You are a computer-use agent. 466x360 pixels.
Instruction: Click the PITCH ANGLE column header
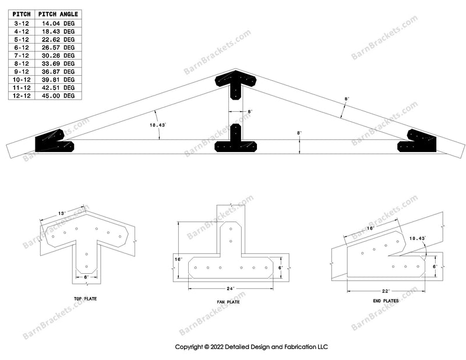point(58,13)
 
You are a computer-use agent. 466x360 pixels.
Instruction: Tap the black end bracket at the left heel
point(54,141)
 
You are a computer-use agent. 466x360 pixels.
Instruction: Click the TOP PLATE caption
point(86,298)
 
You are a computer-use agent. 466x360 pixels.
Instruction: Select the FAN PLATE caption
point(231,302)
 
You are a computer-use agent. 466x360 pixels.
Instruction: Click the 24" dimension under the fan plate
point(231,289)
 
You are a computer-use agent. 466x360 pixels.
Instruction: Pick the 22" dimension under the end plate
point(386,290)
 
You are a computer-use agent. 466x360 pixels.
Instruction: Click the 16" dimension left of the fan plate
point(178,259)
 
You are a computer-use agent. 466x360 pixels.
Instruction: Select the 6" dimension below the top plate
point(86,277)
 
